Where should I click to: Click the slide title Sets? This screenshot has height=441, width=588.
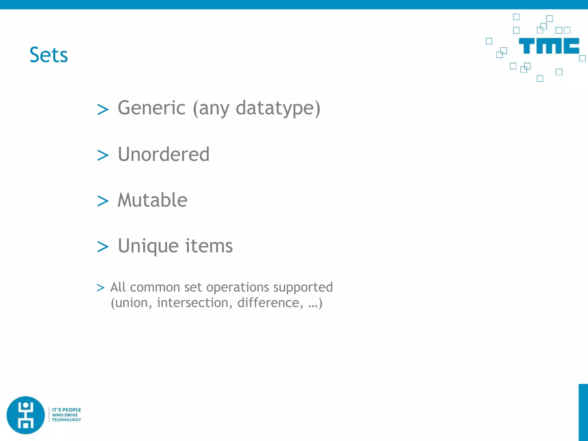[x=49, y=55]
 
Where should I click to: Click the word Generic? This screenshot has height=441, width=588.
[x=152, y=108]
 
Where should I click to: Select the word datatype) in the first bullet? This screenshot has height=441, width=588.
[x=278, y=109]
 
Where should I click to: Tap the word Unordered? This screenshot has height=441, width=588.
[x=164, y=154]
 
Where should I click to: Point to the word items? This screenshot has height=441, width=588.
[x=209, y=246]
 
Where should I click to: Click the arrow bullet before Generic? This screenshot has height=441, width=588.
[x=103, y=110]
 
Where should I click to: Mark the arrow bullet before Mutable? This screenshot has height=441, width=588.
[x=103, y=201]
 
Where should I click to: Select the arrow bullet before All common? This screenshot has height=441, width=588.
[x=100, y=288]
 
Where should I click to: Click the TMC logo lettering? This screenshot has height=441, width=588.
[x=549, y=46]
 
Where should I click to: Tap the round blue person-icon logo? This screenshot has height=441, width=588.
[x=26, y=415]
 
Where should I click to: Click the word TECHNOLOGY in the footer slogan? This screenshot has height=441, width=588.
[x=66, y=420]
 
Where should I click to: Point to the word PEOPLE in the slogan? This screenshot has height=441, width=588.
[x=71, y=410]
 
